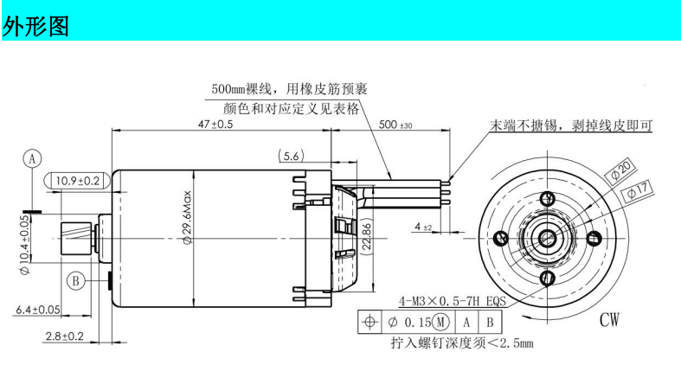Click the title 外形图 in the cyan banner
point(35,26)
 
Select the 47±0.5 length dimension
point(215,124)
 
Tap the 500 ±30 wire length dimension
point(395,125)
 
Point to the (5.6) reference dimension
point(291,156)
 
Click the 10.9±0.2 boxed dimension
point(77,181)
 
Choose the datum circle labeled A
point(32,159)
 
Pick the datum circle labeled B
point(75,281)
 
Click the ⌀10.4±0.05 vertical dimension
point(25,245)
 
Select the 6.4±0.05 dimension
point(38,310)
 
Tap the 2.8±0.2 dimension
point(64,336)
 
